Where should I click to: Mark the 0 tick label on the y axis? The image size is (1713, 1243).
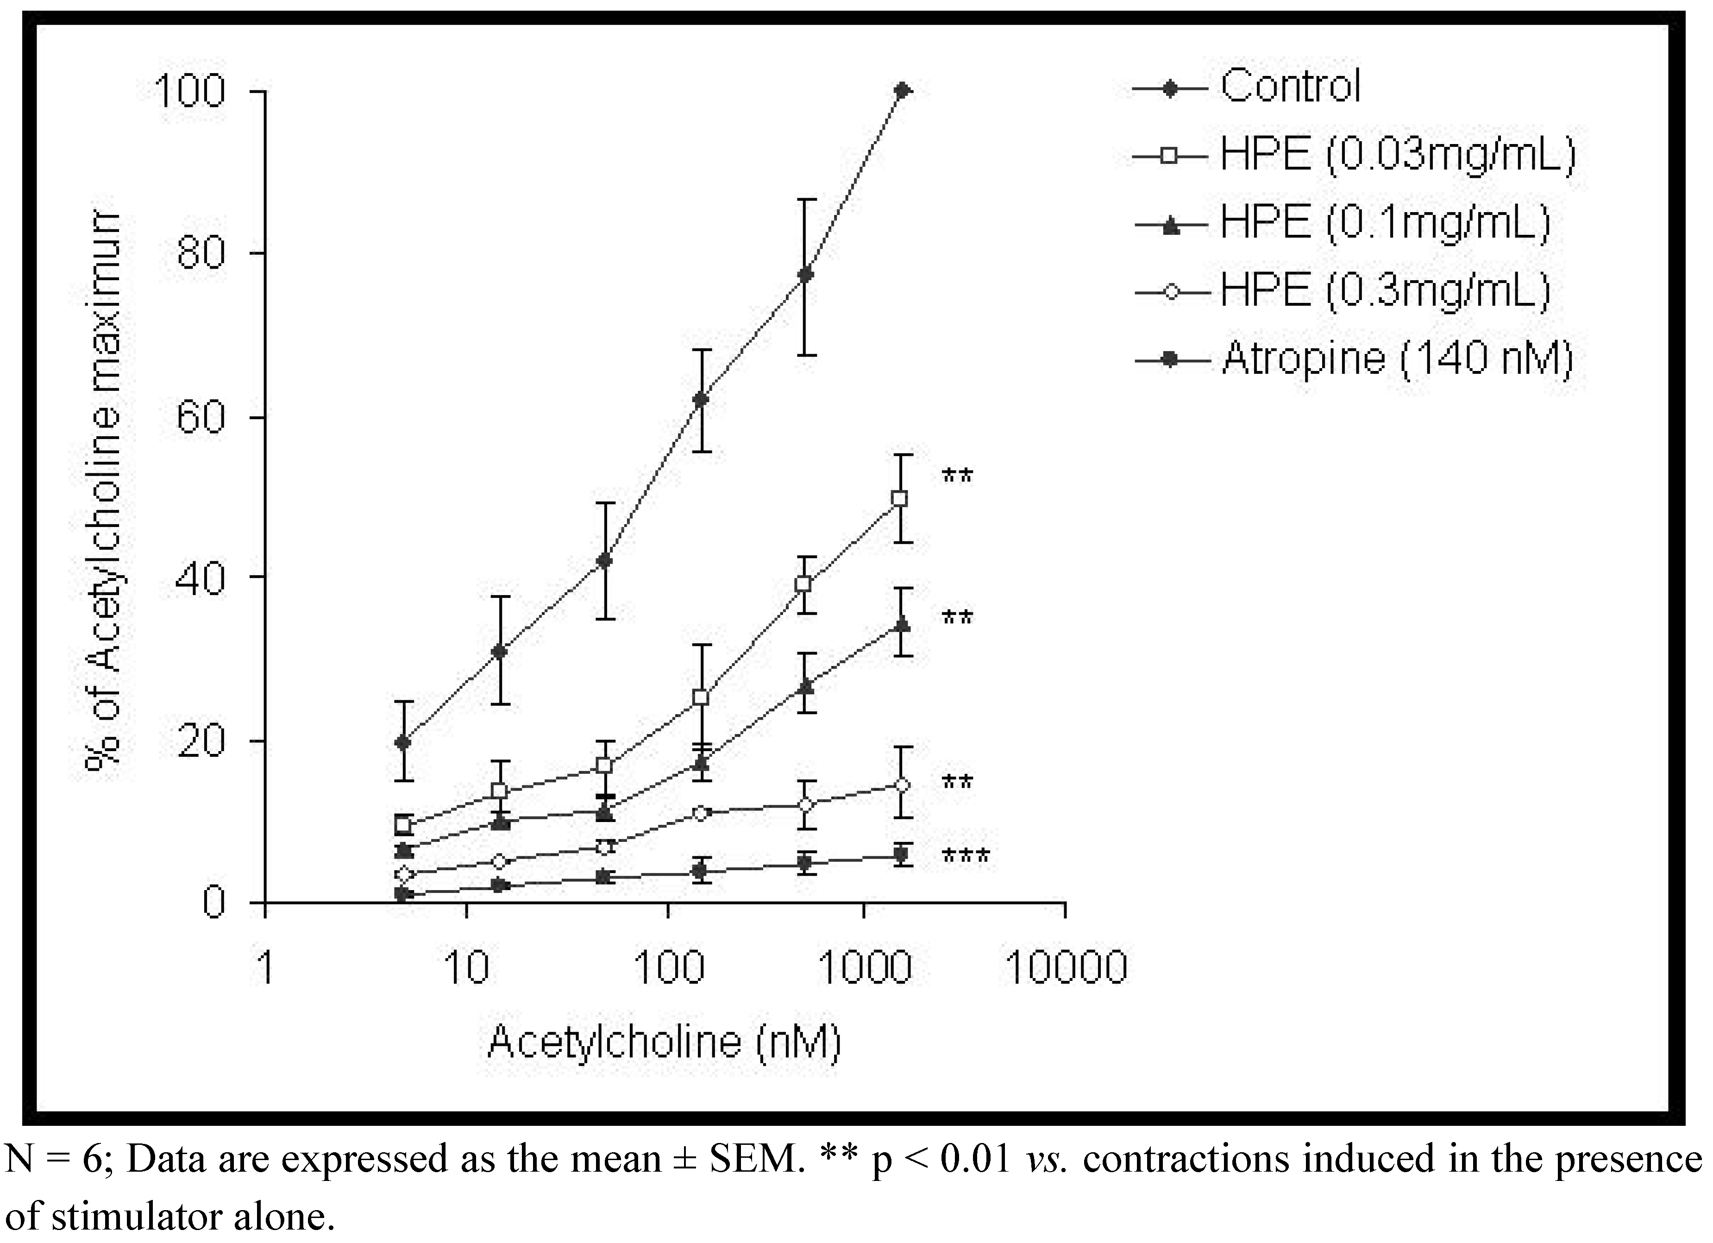214,903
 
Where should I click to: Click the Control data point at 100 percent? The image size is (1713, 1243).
901,91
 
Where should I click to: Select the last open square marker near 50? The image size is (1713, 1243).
899,498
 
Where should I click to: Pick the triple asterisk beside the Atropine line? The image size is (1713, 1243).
965,857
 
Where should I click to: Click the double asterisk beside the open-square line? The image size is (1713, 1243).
957,477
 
